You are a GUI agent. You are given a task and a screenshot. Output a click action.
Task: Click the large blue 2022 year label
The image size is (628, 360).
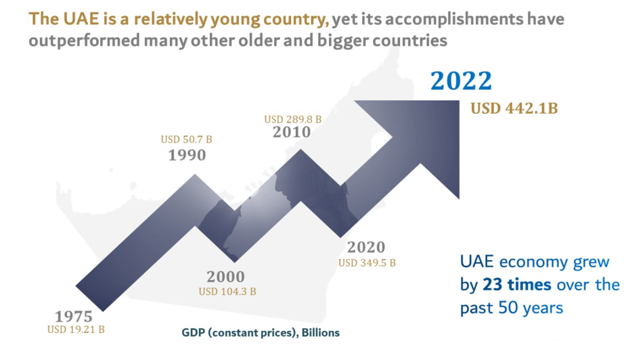462,81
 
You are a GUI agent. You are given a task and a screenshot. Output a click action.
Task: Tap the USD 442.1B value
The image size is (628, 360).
514,108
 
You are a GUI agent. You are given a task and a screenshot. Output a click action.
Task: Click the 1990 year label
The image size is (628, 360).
187,155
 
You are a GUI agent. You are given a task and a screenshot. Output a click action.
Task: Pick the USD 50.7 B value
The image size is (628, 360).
186,139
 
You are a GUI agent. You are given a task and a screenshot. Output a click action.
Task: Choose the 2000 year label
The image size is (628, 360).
226,277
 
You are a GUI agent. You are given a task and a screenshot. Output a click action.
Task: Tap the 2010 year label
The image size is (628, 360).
292,132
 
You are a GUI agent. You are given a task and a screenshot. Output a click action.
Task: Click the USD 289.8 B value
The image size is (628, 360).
292,119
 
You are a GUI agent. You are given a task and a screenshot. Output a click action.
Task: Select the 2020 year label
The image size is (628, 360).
366,247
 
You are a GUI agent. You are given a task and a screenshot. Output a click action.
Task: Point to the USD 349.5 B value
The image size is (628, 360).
367,262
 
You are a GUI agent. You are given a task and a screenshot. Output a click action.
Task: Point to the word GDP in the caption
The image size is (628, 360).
192,333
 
